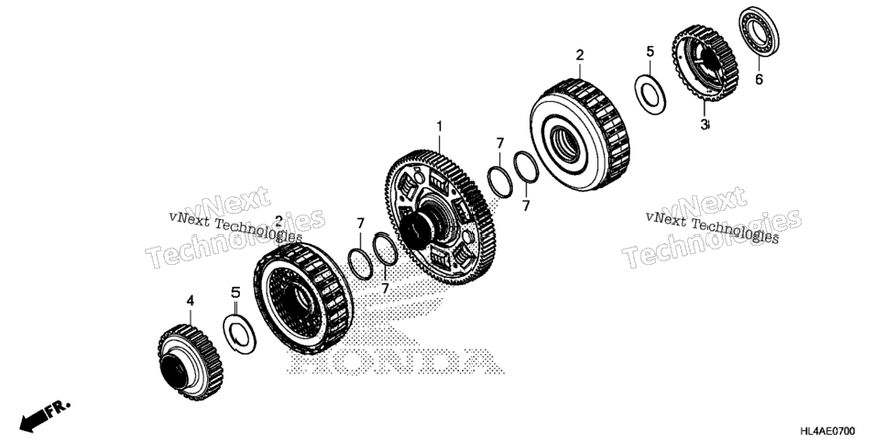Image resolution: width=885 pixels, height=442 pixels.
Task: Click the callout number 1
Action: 439,127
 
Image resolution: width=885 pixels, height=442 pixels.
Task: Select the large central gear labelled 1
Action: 440,217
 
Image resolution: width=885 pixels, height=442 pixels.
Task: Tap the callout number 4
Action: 191,301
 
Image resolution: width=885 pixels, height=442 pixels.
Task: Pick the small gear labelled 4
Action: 191,362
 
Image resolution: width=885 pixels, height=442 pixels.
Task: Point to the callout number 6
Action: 759,79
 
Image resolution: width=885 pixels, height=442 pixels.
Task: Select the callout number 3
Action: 704,125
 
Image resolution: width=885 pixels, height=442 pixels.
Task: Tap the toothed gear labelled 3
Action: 705,63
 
